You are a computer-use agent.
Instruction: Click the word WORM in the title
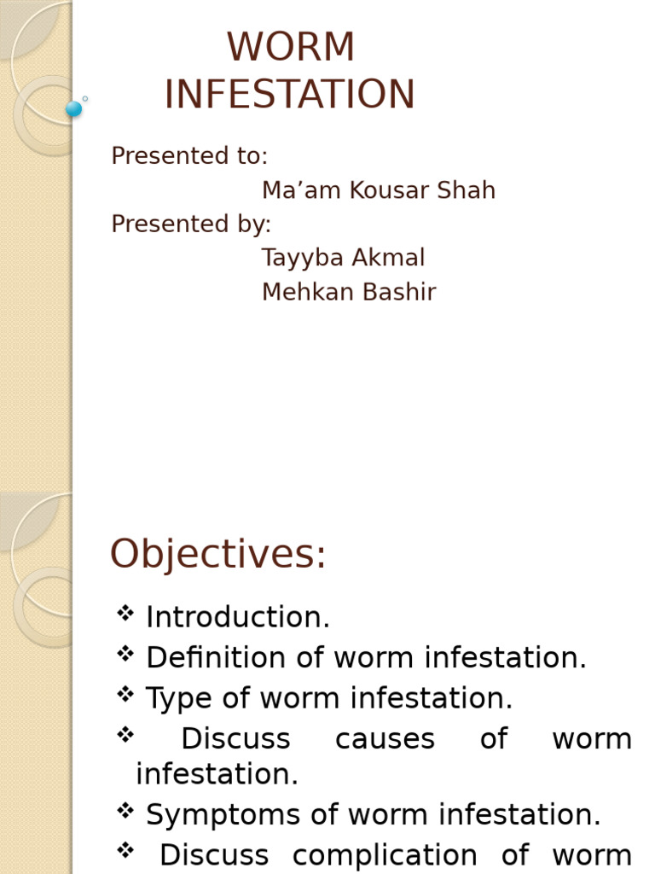pos(291,48)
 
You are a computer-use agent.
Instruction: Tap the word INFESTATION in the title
pos(289,95)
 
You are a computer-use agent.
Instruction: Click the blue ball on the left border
pos(74,108)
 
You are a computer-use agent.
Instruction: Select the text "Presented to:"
pos(189,156)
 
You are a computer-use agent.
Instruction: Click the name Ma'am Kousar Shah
pos(378,190)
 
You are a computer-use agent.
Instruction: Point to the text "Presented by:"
pos(191,224)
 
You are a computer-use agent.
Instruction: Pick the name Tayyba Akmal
pos(343,258)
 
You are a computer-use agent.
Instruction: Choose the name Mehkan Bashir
pos(349,293)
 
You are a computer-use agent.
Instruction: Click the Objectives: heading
pos(217,555)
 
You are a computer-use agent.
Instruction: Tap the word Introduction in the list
pos(237,618)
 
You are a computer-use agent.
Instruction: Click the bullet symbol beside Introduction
pos(125,613)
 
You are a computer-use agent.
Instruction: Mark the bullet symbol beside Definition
pos(125,654)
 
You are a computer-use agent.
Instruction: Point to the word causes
pos(385,739)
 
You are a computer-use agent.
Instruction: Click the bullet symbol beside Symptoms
pos(125,811)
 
